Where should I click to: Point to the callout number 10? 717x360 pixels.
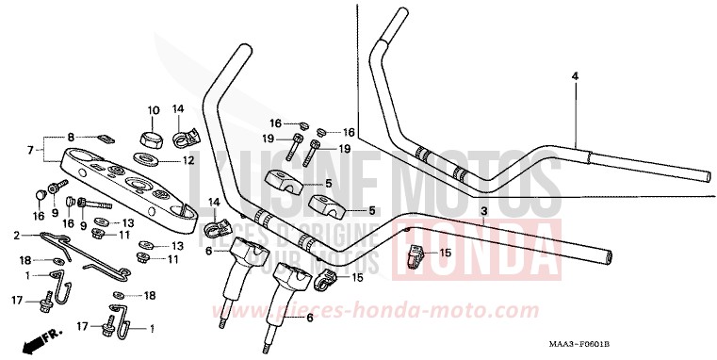click(153, 109)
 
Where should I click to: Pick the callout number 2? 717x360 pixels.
click(16, 235)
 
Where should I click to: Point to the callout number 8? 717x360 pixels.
click(70, 138)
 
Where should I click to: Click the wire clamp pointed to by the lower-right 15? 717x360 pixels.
click(416, 256)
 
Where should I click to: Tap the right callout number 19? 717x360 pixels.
click(344, 149)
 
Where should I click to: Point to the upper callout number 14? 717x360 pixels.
click(179, 109)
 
